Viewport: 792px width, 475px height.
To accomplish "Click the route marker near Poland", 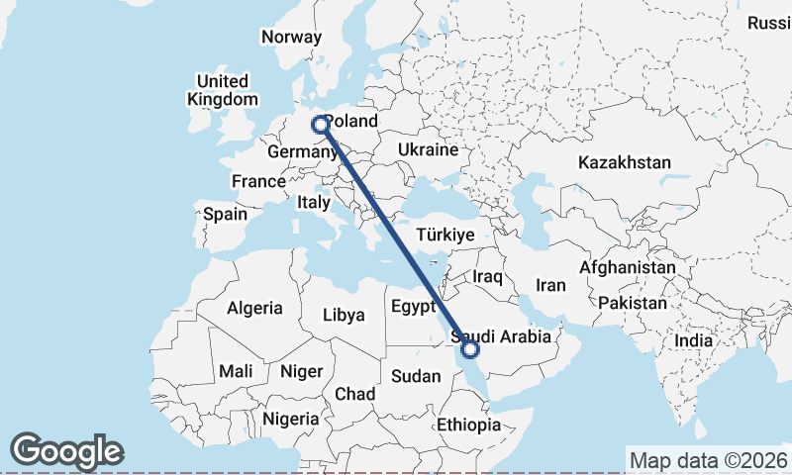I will [x=320, y=125].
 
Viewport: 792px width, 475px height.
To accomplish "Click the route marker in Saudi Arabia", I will [x=470, y=348].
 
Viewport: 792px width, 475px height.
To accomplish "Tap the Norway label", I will [x=292, y=37].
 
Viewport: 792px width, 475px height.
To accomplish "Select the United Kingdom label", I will [x=223, y=89].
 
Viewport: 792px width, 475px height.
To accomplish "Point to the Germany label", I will [x=302, y=152].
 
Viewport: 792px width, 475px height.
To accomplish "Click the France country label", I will [x=257, y=181].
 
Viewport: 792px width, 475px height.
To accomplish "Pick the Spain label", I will [x=225, y=213].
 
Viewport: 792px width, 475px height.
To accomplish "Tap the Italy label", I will [x=313, y=202].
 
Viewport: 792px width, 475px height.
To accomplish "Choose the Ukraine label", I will [x=428, y=149].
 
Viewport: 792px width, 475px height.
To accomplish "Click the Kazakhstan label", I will [x=625, y=162].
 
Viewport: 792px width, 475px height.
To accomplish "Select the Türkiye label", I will [x=445, y=235].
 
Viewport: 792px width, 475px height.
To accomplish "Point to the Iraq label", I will [x=489, y=276].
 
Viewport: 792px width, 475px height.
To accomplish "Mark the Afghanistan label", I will [x=628, y=267].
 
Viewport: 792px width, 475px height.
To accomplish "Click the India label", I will [x=693, y=340].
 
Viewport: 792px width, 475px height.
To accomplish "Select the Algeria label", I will [x=254, y=308].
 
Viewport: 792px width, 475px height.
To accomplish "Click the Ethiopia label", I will [x=469, y=425].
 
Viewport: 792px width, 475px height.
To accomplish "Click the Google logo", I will [x=66, y=451].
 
